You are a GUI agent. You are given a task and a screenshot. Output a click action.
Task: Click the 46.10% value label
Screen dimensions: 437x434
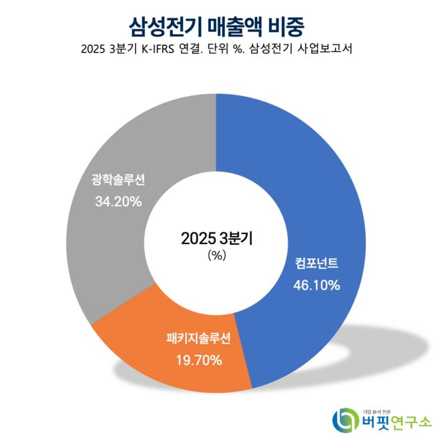click(316, 285)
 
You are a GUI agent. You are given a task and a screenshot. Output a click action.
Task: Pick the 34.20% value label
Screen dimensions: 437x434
click(118, 201)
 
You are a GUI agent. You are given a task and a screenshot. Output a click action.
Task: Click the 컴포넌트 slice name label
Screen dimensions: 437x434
click(316, 263)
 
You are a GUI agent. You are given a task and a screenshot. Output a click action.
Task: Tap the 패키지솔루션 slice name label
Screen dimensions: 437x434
click(198, 339)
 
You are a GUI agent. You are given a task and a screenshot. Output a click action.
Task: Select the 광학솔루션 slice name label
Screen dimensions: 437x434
click(118, 179)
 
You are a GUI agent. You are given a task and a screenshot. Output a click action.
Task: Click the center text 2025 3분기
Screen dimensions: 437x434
click(217, 238)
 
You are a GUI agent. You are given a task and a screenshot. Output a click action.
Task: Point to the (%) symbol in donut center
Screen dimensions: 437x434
click(217, 255)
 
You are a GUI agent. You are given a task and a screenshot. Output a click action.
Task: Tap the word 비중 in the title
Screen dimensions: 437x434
click(288, 25)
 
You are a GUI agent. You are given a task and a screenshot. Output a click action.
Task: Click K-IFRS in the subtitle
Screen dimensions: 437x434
click(162, 49)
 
